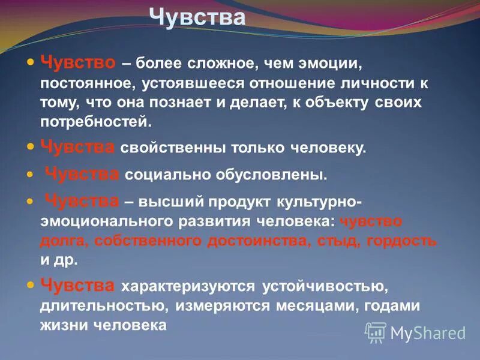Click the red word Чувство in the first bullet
pos(77,62)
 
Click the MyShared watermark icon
pos(376,332)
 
